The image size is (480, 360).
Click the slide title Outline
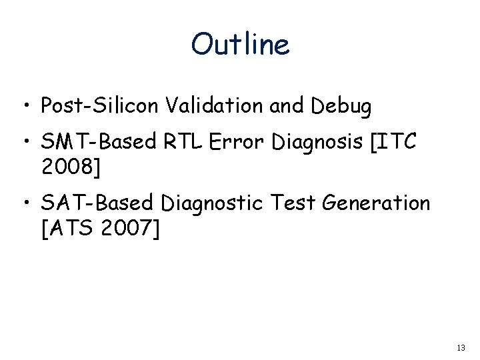pos(240,45)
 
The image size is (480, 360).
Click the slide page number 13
pos(461,348)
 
